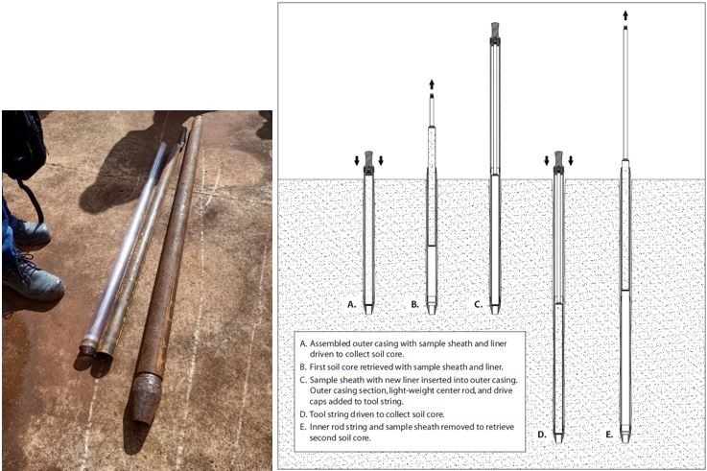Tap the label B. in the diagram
point(414,304)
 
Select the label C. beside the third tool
point(477,304)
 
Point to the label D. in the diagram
point(542,435)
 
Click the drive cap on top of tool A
point(368,165)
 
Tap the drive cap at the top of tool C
point(495,31)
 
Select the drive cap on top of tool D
point(557,158)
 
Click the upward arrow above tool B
point(432,84)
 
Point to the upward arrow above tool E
point(625,14)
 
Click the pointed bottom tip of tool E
point(625,437)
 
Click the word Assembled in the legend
point(334,342)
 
